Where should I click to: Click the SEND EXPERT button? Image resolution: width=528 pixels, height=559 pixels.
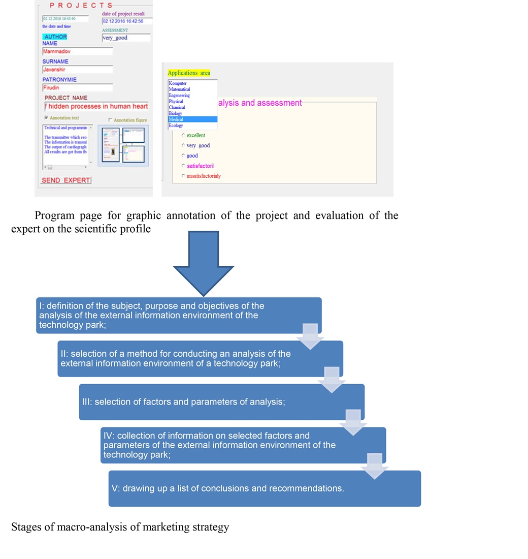[x=66, y=180]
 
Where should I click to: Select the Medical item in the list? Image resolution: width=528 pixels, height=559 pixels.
[x=192, y=119]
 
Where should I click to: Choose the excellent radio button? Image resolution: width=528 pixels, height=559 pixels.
[x=183, y=135]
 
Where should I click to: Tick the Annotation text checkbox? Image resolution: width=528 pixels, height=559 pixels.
[x=46, y=118]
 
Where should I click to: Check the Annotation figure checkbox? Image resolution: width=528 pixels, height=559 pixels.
[x=110, y=120]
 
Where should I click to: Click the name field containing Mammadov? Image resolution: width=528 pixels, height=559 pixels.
[x=77, y=51]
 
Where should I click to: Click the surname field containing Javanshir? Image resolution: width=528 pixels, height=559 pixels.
[x=77, y=70]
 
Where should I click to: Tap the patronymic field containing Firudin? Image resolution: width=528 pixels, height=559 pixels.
[x=77, y=87]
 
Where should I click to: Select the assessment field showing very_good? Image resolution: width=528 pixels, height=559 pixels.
[x=126, y=38]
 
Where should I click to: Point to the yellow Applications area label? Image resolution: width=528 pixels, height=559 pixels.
[x=188, y=73]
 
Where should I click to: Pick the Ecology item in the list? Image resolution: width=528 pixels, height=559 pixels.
[x=192, y=126]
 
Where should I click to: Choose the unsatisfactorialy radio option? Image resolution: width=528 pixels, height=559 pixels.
[x=183, y=176]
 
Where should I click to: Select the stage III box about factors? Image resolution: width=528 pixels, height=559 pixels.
[x=221, y=402]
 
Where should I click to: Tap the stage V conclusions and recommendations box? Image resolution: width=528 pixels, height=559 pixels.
[x=265, y=488]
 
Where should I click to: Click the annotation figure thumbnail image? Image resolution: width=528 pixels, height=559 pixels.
[x=123, y=145]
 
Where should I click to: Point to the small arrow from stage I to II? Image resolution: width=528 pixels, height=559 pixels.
[x=310, y=336]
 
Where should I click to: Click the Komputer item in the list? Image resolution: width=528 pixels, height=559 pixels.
[x=192, y=83]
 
